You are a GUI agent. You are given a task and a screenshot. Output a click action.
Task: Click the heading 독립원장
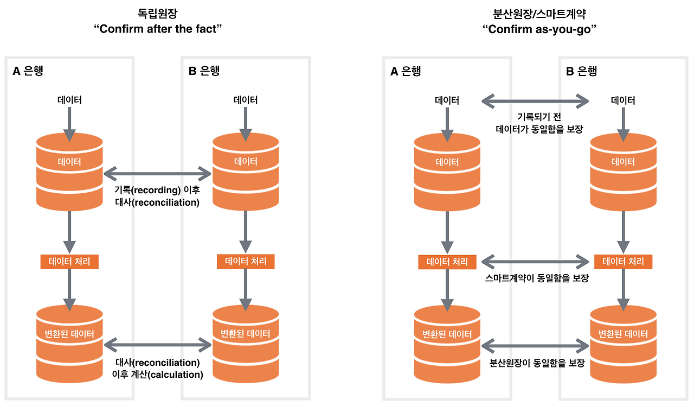click(158, 12)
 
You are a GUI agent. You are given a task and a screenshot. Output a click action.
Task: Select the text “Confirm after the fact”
click(158, 29)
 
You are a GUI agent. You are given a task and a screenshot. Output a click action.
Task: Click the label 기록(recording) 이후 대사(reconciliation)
click(157, 196)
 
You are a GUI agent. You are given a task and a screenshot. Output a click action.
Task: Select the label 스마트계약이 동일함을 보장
click(536, 278)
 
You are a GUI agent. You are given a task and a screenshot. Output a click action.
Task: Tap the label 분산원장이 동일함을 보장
click(536, 363)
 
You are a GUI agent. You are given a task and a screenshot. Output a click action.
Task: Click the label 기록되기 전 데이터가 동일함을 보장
click(536, 123)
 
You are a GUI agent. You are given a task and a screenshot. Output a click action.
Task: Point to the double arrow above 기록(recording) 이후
click(157, 174)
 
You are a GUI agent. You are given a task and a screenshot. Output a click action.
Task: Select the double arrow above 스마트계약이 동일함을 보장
click(536, 262)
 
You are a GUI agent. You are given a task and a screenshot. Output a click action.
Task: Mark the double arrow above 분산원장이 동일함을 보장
click(536, 344)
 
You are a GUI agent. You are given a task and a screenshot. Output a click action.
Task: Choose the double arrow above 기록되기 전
click(536, 100)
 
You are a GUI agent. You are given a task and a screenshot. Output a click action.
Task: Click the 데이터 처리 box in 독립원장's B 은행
click(246, 261)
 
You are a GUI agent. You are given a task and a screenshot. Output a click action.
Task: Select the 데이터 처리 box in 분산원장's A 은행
click(447, 262)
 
